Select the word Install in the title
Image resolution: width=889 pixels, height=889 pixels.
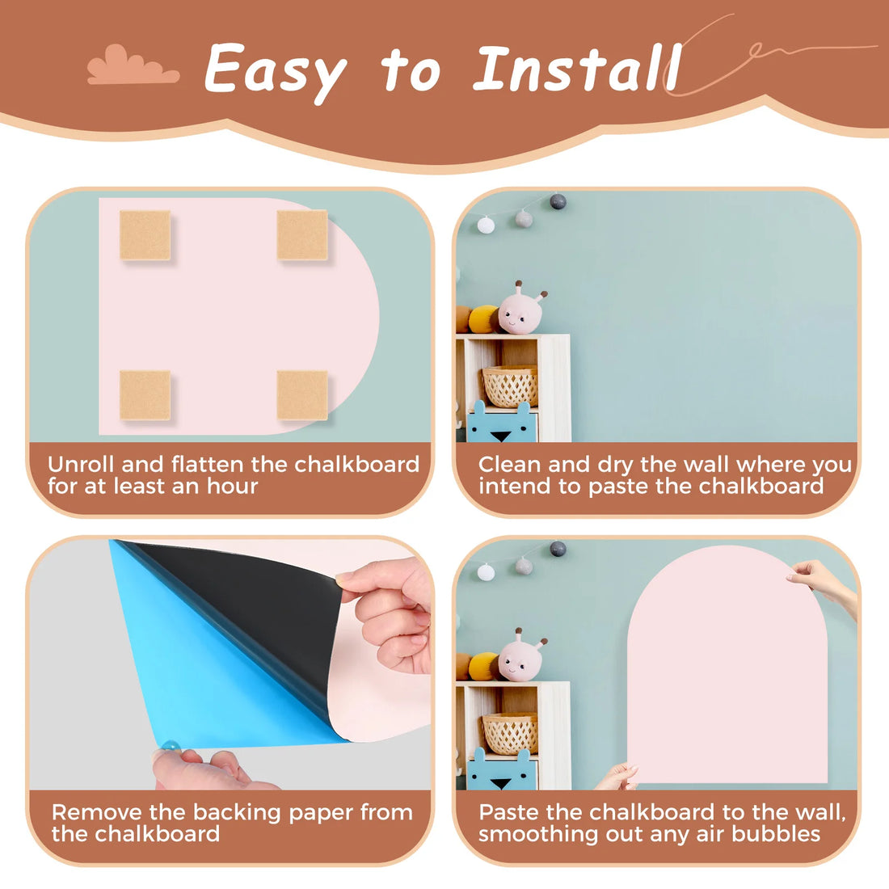(577, 68)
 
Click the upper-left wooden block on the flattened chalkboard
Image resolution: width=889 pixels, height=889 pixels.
(145, 235)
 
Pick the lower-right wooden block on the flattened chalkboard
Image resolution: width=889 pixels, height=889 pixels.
(302, 395)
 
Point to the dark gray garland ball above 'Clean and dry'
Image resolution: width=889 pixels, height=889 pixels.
(558, 200)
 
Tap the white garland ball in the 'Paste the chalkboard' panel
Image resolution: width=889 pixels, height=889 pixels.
(486, 572)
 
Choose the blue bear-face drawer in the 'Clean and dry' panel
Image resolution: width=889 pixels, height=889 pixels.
(502, 423)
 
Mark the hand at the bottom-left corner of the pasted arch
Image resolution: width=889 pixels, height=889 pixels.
(617, 777)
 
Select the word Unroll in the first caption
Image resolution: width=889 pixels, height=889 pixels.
(81, 465)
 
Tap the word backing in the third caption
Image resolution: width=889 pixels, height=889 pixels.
(237, 813)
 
